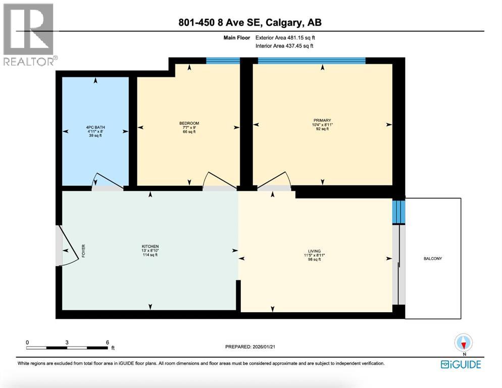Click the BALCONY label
pyautogui.click(x=433, y=259)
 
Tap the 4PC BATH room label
pyautogui.click(x=95, y=127)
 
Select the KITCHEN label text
pyautogui.click(x=150, y=247)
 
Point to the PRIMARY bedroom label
pyautogui.click(x=322, y=120)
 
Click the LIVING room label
pyautogui.click(x=317, y=251)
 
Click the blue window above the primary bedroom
pyautogui.click(x=311, y=61)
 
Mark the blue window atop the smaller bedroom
pyautogui.click(x=223, y=61)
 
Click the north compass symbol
pyautogui.click(x=463, y=343)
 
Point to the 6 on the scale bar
pyautogui.click(x=108, y=342)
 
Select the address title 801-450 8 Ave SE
pyautogui.click(x=250, y=22)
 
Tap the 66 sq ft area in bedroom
pyautogui.click(x=189, y=131)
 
